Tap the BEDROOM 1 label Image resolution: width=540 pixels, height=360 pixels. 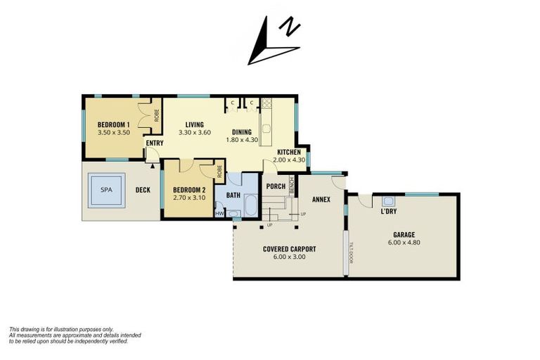point(114,124)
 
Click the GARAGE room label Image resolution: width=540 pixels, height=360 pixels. point(404,235)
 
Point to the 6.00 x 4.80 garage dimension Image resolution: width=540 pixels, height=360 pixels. point(404,243)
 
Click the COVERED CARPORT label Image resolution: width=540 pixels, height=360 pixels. point(289,249)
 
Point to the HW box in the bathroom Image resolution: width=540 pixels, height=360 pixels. point(219,213)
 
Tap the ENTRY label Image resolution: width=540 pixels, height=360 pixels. point(155,143)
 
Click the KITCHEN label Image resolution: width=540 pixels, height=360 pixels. point(289,153)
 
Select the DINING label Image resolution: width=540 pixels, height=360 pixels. point(243,132)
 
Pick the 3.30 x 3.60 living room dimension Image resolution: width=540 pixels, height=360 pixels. point(195,132)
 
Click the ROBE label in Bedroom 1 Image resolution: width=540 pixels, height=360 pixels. point(156,115)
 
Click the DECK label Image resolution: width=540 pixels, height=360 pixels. point(143,190)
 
